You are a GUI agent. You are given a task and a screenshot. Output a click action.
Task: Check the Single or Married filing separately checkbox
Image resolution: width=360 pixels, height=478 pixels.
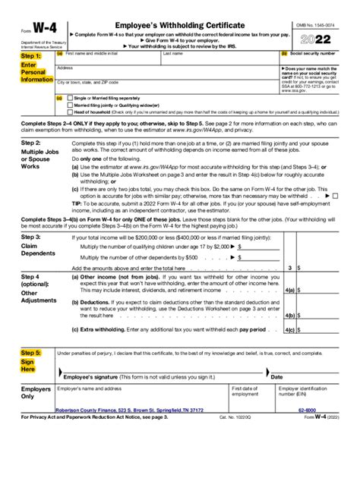(x=70, y=97)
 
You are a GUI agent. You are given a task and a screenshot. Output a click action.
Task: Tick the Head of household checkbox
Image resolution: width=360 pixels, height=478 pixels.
(x=70, y=111)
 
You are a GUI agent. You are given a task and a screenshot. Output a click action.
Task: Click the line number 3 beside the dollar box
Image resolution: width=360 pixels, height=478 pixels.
(x=289, y=268)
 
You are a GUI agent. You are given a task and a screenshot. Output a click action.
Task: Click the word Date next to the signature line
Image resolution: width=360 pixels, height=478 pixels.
(x=276, y=377)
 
